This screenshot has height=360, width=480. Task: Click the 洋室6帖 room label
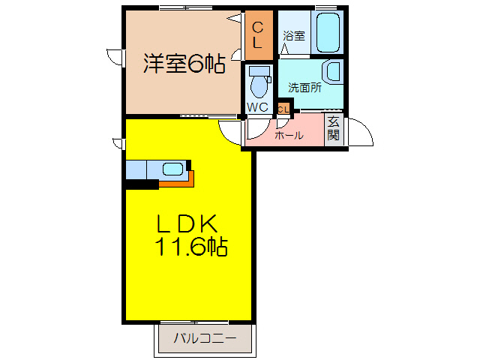click(184, 64)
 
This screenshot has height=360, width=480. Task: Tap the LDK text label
click(187, 223)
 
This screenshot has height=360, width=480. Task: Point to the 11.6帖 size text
click(192, 245)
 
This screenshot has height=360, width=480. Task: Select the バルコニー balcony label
click(205, 338)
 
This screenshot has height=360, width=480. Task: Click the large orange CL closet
click(257, 35)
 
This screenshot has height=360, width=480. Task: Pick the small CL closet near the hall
click(282, 109)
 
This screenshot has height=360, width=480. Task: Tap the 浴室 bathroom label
click(293, 35)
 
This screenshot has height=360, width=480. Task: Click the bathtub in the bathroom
click(328, 32)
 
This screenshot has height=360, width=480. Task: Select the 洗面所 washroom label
click(304, 87)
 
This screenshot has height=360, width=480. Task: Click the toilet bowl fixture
click(259, 82)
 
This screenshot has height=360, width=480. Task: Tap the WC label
click(257, 106)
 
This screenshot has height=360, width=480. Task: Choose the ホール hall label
click(289, 136)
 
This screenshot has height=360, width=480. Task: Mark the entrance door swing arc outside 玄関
click(361, 133)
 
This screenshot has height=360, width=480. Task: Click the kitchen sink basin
click(172, 169)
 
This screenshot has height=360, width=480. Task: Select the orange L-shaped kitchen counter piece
click(180, 181)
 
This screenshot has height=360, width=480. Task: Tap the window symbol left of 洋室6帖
click(115, 57)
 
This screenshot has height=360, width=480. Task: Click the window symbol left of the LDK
click(116, 142)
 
